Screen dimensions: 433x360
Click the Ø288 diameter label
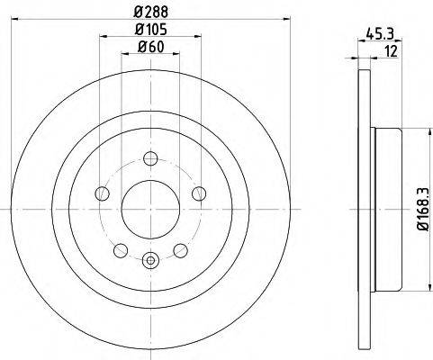coord(150,12)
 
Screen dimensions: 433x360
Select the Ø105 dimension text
coord(150,30)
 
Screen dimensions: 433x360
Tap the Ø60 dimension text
coord(150,47)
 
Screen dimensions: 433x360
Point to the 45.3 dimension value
coord(380,34)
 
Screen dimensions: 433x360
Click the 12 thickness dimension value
coord(392,51)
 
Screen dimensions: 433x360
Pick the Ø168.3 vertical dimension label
coord(425,210)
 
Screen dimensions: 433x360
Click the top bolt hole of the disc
coord(150,158)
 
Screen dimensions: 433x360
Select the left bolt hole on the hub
coord(102,193)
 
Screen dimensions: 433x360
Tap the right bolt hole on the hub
coord(199,193)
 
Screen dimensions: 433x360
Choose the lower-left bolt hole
coord(121,250)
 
